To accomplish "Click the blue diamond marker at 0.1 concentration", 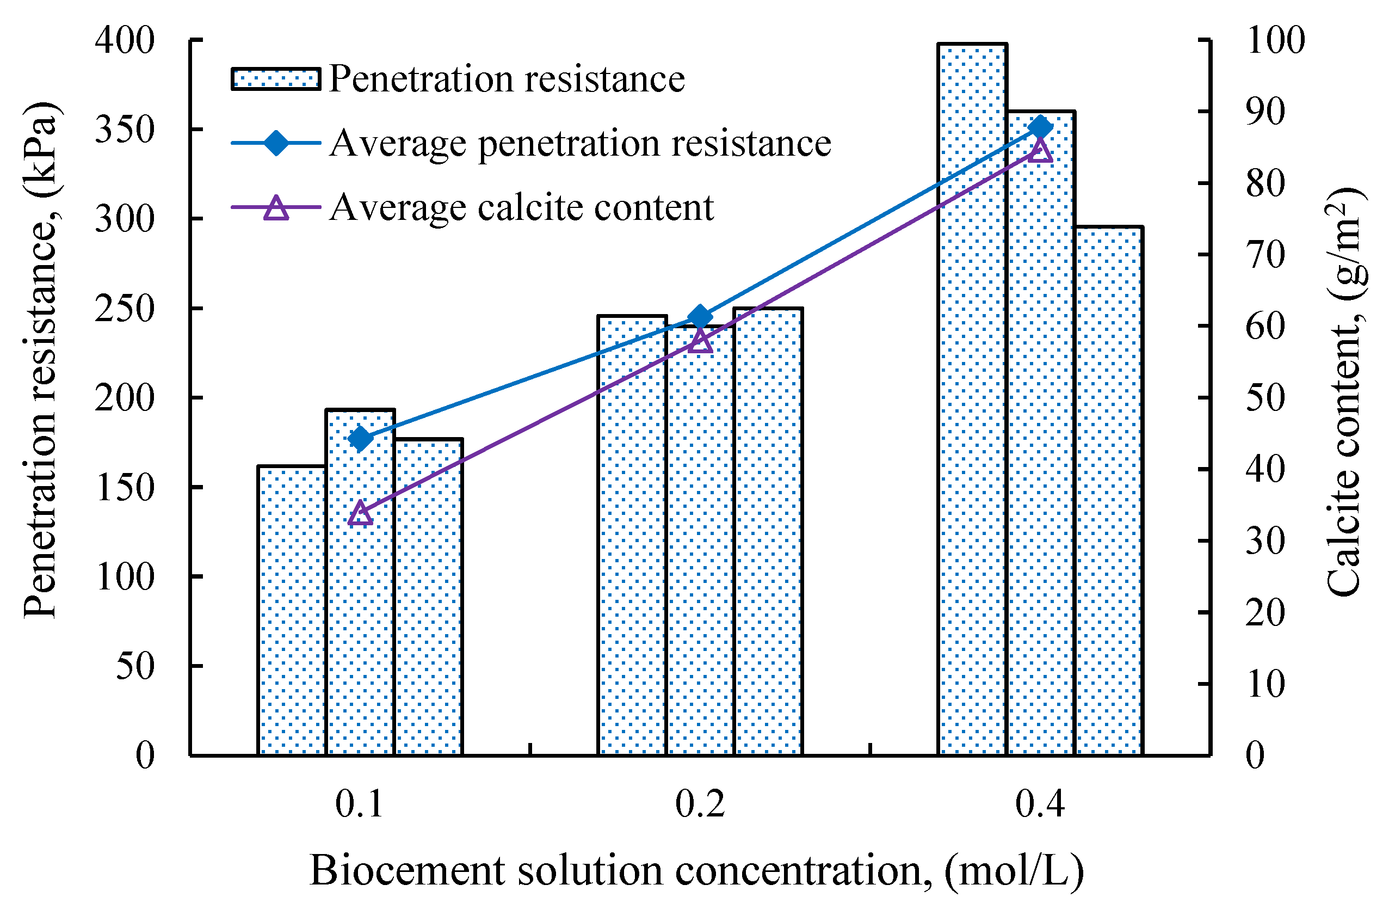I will coord(361,438).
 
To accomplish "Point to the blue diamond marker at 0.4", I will coord(1041,127).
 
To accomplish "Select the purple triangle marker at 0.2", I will coord(700,341).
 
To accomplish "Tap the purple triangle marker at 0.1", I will coord(361,514).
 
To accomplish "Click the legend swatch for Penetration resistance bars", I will coord(275,79).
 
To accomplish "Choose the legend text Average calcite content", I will coord(521,207).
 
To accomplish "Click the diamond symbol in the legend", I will coord(275,143).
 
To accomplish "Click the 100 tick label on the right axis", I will coord(1276,41).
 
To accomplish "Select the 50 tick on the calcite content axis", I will coord(1265,398).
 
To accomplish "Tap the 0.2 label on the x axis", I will coord(700,804).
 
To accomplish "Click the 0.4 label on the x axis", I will coord(1040,804).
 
